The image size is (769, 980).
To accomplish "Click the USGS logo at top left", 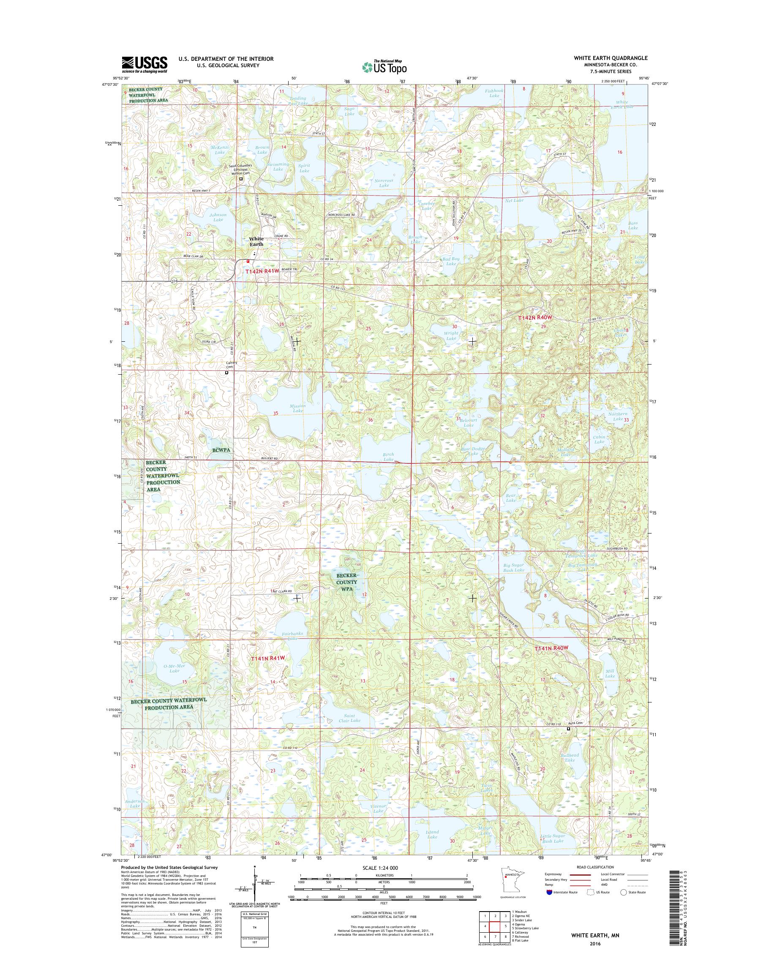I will pyautogui.click(x=144, y=65).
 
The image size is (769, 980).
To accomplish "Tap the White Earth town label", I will pyautogui.click(x=256, y=241).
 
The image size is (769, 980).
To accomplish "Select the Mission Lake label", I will pyautogui.click(x=297, y=408).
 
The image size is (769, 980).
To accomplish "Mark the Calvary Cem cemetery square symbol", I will pyautogui.click(x=226, y=373).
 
